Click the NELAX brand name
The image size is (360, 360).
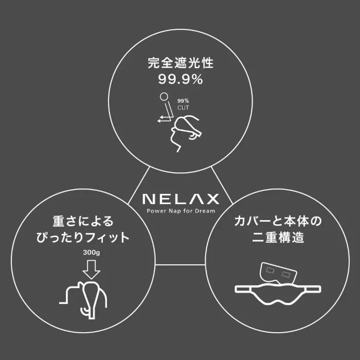pyautogui.click(x=180, y=199)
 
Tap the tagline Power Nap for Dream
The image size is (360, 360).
pyautogui.click(x=181, y=210)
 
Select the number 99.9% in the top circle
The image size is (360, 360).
pyautogui.click(x=180, y=80)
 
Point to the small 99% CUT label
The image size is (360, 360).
pyautogui.click(x=183, y=104)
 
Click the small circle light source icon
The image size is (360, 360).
pyautogui.click(x=164, y=96)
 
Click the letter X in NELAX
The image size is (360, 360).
pyautogui.click(x=212, y=199)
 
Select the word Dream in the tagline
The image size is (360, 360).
pyautogui.click(x=205, y=210)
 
